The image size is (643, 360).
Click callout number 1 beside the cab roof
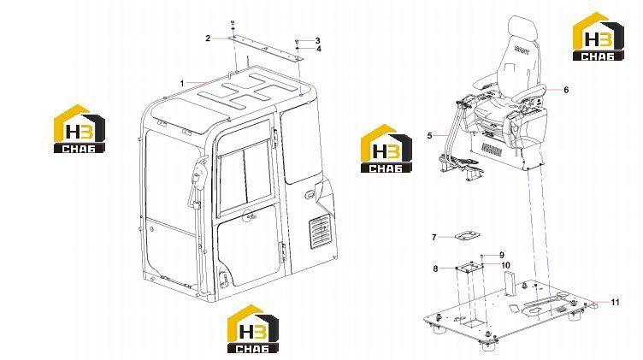(x=182, y=84)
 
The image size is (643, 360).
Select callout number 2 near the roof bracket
(x=208, y=38)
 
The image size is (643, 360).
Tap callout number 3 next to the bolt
(x=318, y=40)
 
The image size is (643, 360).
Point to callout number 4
(x=319, y=50)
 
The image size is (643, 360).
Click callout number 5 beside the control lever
(x=429, y=135)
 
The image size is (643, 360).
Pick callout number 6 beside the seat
(x=566, y=90)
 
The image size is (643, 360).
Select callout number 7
(x=434, y=238)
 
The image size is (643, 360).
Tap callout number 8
(x=435, y=269)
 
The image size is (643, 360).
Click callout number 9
(x=502, y=255)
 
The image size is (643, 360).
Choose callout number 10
(x=505, y=265)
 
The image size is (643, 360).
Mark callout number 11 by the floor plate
(x=616, y=303)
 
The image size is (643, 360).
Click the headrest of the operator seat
(x=522, y=27)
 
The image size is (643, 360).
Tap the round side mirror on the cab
(x=198, y=177)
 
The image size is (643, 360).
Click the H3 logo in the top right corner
(x=599, y=37)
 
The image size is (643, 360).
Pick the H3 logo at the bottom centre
(x=253, y=329)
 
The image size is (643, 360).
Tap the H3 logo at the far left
(x=80, y=129)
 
